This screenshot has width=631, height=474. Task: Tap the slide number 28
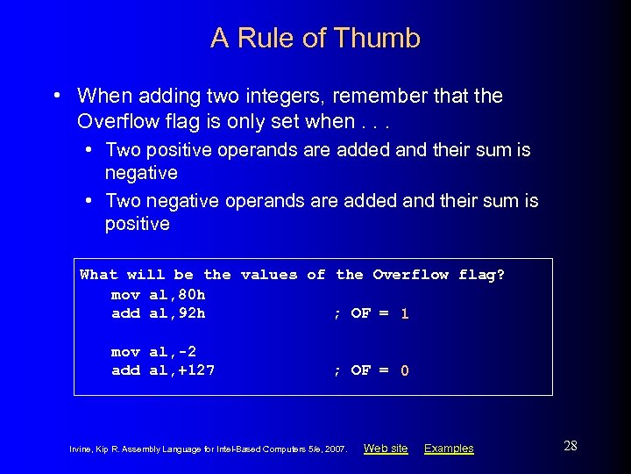click(570, 446)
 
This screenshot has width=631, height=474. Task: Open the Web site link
click(386, 449)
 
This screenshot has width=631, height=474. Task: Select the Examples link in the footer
click(449, 449)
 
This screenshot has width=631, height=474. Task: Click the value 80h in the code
click(192, 294)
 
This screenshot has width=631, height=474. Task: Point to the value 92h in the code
click(192, 313)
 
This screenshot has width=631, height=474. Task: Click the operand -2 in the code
click(182, 351)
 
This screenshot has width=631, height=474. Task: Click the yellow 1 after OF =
click(404, 313)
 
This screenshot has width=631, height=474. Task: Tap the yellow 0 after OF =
click(404, 370)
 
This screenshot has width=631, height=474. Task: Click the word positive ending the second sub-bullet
click(137, 224)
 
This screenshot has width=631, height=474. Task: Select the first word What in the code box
click(98, 275)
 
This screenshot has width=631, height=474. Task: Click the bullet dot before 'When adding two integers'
click(56, 95)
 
